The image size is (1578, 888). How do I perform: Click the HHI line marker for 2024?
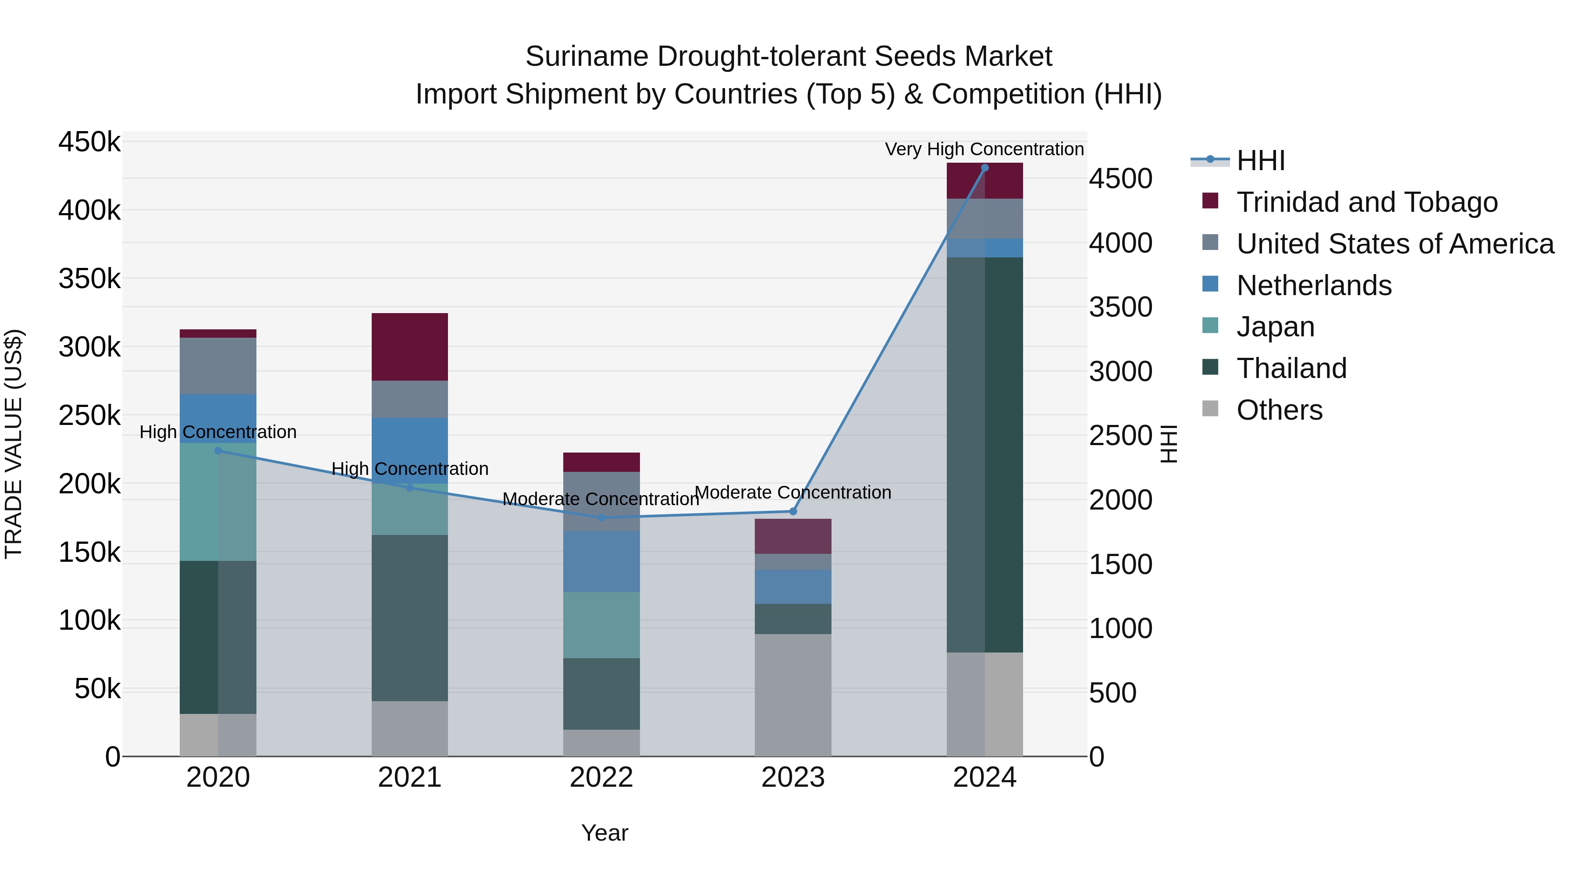pyautogui.click(x=984, y=168)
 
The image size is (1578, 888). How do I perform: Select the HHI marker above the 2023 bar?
pyautogui.click(x=793, y=511)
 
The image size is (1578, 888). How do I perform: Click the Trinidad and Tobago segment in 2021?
pyautogui.click(x=410, y=347)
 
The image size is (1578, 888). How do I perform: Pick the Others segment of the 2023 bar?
pyautogui.click(x=793, y=695)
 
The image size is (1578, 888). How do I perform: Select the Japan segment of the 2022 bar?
pyautogui.click(x=601, y=625)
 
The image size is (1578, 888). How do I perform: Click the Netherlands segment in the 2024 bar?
pyautogui.click(x=984, y=248)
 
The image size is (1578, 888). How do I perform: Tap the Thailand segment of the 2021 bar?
pyautogui.click(x=410, y=618)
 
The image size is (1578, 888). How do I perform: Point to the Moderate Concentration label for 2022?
pyautogui.click(x=601, y=499)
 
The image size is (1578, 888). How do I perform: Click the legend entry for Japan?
pyautogui.click(x=1276, y=327)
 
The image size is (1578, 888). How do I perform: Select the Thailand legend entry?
pyautogui.click(x=1291, y=368)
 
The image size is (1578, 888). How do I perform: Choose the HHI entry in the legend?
pyautogui.click(x=1260, y=160)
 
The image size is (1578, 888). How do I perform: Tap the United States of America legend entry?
pyautogui.click(x=1395, y=244)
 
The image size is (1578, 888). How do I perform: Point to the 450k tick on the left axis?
pyautogui.click(x=89, y=142)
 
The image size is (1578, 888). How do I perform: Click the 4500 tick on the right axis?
pyautogui.click(x=1120, y=179)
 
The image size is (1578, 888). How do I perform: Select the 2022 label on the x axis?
pyautogui.click(x=601, y=777)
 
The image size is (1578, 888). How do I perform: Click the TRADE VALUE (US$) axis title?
pyautogui.click(x=14, y=444)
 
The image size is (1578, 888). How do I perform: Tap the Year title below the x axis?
pyautogui.click(x=604, y=833)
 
